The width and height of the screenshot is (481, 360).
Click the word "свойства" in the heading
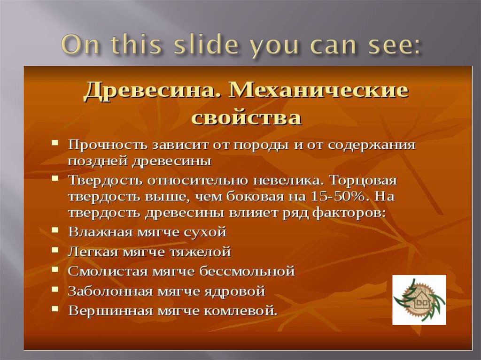point(246,117)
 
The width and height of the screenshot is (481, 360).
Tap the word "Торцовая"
point(364,180)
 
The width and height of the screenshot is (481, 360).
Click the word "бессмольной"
point(247,271)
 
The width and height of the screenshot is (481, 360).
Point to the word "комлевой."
point(240,311)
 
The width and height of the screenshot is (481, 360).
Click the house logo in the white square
point(419,300)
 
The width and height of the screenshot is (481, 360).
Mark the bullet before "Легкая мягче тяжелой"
point(55,250)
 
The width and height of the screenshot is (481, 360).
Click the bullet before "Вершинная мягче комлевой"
point(55,308)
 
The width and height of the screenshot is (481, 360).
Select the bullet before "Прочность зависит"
point(55,143)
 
